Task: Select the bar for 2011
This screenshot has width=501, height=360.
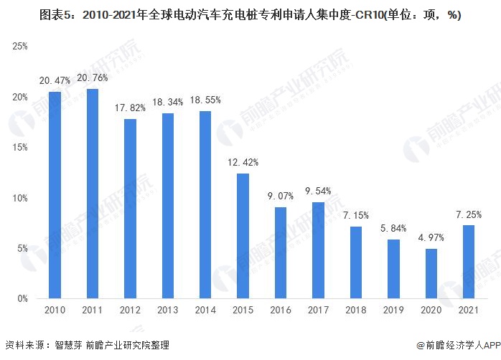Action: (93, 194)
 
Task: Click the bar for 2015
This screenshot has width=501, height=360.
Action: (243, 236)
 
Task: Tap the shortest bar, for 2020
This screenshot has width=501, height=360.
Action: (431, 274)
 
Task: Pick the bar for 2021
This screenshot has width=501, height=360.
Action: (469, 262)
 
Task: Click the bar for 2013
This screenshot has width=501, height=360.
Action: (168, 206)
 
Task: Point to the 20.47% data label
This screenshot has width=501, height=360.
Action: (55, 80)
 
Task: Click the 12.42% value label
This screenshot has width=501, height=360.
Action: (243, 163)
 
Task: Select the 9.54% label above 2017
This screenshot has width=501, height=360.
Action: (318, 191)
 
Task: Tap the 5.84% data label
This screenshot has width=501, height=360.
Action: (393, 228)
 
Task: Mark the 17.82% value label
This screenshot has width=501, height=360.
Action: (130, 108)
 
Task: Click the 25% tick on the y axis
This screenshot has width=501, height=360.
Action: (20, 47)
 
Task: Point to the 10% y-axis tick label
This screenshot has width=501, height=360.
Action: (20, 198)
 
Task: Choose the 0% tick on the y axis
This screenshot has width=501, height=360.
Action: (22, 299)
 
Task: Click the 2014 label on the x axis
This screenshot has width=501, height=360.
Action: (205, 310)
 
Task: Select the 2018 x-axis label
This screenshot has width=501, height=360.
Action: (355, 310)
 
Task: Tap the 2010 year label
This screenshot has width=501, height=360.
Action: (55, 310)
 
